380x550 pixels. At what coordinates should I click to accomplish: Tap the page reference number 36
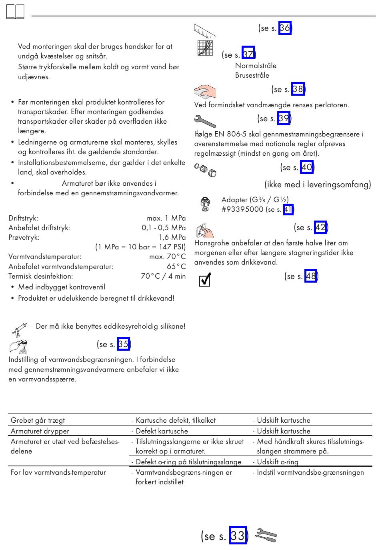(285, 28)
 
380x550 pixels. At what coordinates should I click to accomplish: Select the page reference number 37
(248, 54)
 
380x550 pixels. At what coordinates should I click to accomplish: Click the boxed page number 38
(298, 89)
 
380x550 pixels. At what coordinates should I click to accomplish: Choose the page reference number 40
(306, 167)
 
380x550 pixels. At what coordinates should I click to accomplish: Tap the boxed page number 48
(311, 276)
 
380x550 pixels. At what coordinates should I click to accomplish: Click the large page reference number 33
(238, 536)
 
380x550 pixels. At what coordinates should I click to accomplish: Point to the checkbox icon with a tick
(205, 280)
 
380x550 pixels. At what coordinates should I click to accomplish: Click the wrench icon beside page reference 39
(204, 120)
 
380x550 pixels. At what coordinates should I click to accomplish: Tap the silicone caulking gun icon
(19, 329)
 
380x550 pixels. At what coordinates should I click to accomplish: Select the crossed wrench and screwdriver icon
(266, 535)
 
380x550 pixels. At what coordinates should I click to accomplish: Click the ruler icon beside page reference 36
(204, 31)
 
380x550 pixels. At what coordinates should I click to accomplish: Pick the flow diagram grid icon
(205, 48)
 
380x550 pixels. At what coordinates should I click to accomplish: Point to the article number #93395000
(242, 209)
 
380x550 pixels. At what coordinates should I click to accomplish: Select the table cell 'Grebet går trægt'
(38, 420)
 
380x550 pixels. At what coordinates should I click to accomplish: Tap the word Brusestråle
(252, 75)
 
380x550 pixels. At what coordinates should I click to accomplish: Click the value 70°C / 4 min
(163, 276)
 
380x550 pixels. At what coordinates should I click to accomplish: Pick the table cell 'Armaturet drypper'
(40, 431)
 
